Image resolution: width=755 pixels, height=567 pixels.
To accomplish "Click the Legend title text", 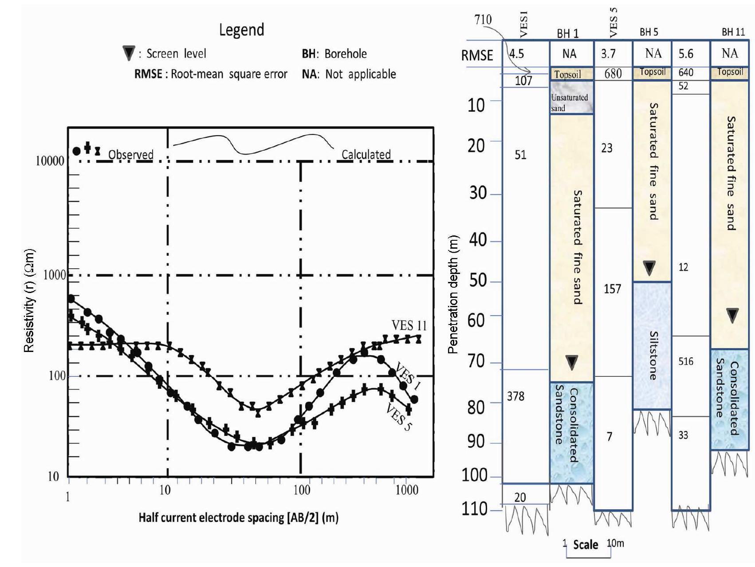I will (x=241, y=30).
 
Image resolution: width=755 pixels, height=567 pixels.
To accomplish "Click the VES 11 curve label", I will (x=409, y=326).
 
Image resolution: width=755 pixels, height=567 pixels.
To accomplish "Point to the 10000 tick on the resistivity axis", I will (x=50, y=161).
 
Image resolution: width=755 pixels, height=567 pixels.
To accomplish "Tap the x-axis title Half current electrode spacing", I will (x=238, y=518).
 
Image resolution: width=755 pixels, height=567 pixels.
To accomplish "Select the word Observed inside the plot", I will (x=130, y=154).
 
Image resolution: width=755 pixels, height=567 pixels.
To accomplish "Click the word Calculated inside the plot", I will (x=366, y=154).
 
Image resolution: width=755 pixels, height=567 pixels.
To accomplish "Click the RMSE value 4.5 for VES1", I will (x=516, y=54).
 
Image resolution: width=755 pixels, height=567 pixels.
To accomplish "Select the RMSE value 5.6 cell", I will (x=685, y=54).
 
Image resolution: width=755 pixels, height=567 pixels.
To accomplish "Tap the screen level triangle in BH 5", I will (x=649, y=268).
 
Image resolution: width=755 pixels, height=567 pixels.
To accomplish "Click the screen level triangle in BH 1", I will (x=571, y=362).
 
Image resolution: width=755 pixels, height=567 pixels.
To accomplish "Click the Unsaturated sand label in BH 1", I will (x=569, y=102).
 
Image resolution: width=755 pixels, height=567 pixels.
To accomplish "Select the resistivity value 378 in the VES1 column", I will (x=515, y=396).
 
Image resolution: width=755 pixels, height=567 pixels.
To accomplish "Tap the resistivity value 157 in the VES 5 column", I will (x=612, y=289).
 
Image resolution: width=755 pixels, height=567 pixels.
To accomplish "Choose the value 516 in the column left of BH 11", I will (x=685, y=362).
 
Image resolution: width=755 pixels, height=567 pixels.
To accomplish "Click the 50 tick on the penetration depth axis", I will (x=478, y=281).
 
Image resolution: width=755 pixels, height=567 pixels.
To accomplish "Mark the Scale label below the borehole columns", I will (x=585, y=545).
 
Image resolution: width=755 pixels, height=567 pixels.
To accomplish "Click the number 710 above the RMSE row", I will (x=483, y=20).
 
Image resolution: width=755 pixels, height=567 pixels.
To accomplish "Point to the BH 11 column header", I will (x=733, y=32).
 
